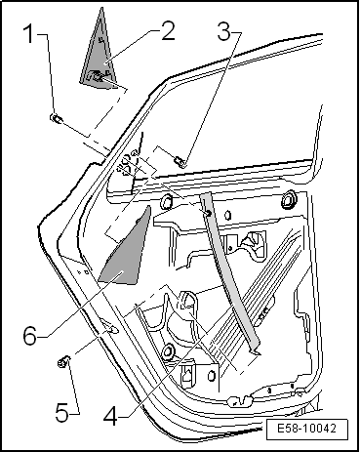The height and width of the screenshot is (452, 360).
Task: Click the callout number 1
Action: pyautogui.click(x=29, y=34)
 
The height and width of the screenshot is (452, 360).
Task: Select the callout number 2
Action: pyautogui.click(x=168, y=31)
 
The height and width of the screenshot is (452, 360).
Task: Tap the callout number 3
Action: pyautogui.click(x=224, y=32)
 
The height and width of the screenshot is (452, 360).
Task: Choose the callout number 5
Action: pyautogui.click(x=61, y=413)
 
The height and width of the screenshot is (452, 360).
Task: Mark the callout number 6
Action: pyautogui.click(x=30, y=336)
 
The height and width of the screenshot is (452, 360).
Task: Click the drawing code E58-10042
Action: pyautogui.click(x=306, y=429)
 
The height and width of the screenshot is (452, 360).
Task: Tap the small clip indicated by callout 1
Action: pyautogui.click(x=57, y=118)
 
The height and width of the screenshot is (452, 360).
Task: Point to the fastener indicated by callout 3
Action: pyautogui.click(x=180, y=161)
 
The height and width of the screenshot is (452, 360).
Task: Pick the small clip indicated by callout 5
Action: pyautogui.click(x=63, y=361)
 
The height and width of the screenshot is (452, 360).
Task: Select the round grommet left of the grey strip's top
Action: pyautogui.click(x=167, y=202)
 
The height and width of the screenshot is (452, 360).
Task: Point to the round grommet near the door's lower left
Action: pyautogui.click(x=168, y=350)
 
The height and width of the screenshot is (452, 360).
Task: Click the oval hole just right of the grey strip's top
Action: pyautogui.click(x=228, y=215)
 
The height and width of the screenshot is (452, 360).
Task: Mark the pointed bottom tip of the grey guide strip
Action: pyautogui.click(x=260, y=353)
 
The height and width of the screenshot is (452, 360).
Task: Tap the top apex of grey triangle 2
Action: pyautogui.click(x=102, y=8)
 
